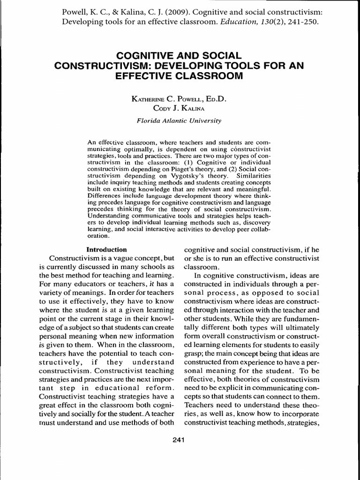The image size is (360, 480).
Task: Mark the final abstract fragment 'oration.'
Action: [x=99, y=237]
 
